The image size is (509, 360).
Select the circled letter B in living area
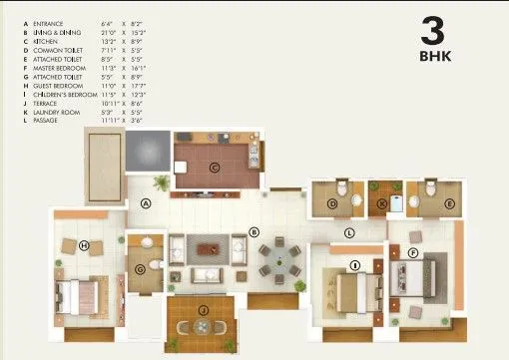tap(254, 231)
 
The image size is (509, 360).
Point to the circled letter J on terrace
tap(203, 311)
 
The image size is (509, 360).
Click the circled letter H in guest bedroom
tap(84, 245)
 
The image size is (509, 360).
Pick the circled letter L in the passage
tap(348, 233)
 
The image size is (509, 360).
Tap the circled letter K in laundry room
tap(381, 203)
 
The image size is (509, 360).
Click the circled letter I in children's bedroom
tap(354, 264)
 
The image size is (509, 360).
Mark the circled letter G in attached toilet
tap(141, 266)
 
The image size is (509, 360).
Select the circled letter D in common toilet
tap(332, 203)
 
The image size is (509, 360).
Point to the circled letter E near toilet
tap(450, 203)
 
